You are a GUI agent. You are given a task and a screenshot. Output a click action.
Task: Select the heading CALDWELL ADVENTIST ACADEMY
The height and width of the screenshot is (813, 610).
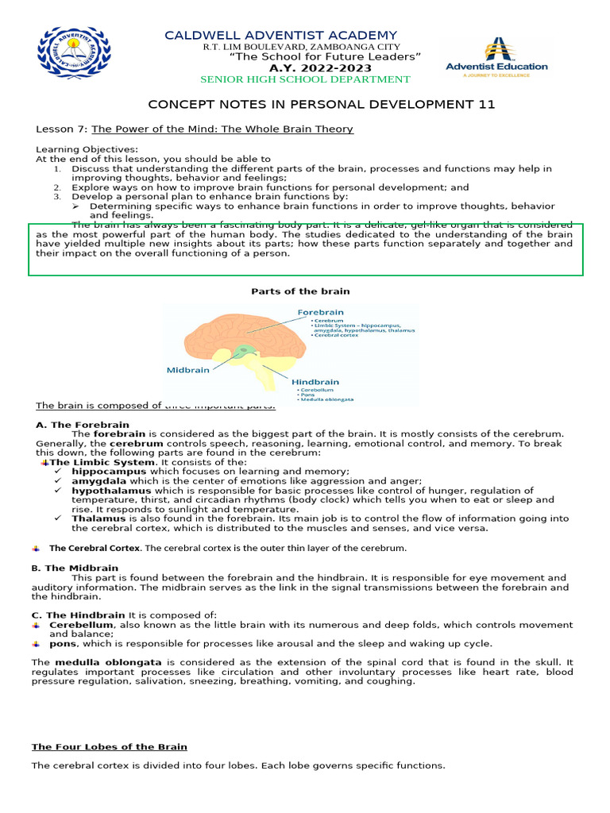point(280,35)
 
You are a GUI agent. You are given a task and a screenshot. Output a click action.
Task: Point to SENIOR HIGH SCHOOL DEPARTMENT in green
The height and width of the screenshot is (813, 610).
point(305,79)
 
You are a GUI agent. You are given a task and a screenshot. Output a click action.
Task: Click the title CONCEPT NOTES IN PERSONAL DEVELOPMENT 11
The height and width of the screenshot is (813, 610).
point(322,105)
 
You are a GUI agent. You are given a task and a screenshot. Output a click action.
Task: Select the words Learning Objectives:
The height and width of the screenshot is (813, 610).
point(87,149)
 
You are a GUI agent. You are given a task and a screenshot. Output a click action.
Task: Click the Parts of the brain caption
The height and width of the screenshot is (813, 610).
point(300,291)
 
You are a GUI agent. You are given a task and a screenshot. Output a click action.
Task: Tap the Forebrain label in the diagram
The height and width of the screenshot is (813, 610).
point(322,313)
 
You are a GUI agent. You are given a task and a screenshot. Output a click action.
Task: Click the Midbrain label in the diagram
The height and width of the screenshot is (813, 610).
point(188,369)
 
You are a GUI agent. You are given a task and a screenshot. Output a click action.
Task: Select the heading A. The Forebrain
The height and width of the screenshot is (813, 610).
point(82,425)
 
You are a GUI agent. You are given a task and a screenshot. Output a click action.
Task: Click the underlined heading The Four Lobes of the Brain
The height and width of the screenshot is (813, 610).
point(110,746)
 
